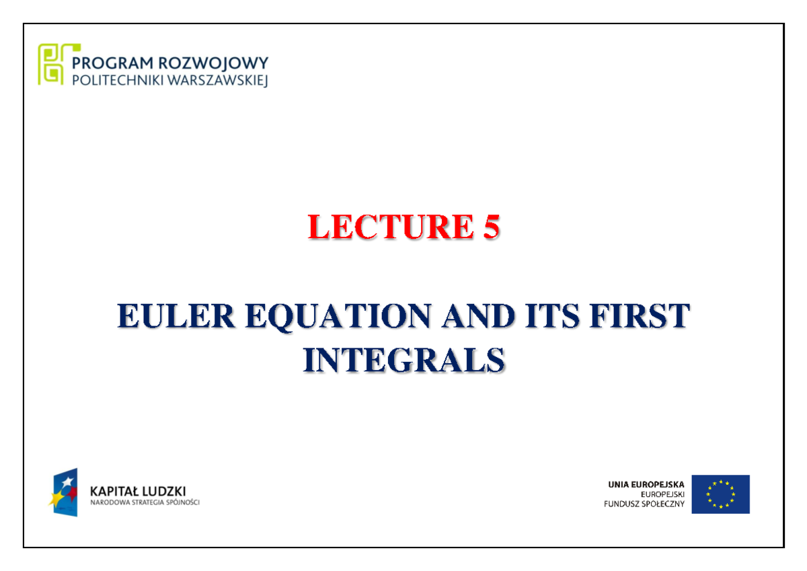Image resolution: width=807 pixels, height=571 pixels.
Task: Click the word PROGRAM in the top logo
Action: (x=112, y=64)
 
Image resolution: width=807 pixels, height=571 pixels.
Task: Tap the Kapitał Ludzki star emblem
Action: (x=65, y=492)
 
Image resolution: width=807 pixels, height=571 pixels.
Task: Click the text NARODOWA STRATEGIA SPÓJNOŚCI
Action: (x=145, y=502)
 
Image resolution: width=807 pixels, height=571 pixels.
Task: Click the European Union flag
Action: (x=720, y=494)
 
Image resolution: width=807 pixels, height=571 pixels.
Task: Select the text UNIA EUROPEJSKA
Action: (x=646, y=484)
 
